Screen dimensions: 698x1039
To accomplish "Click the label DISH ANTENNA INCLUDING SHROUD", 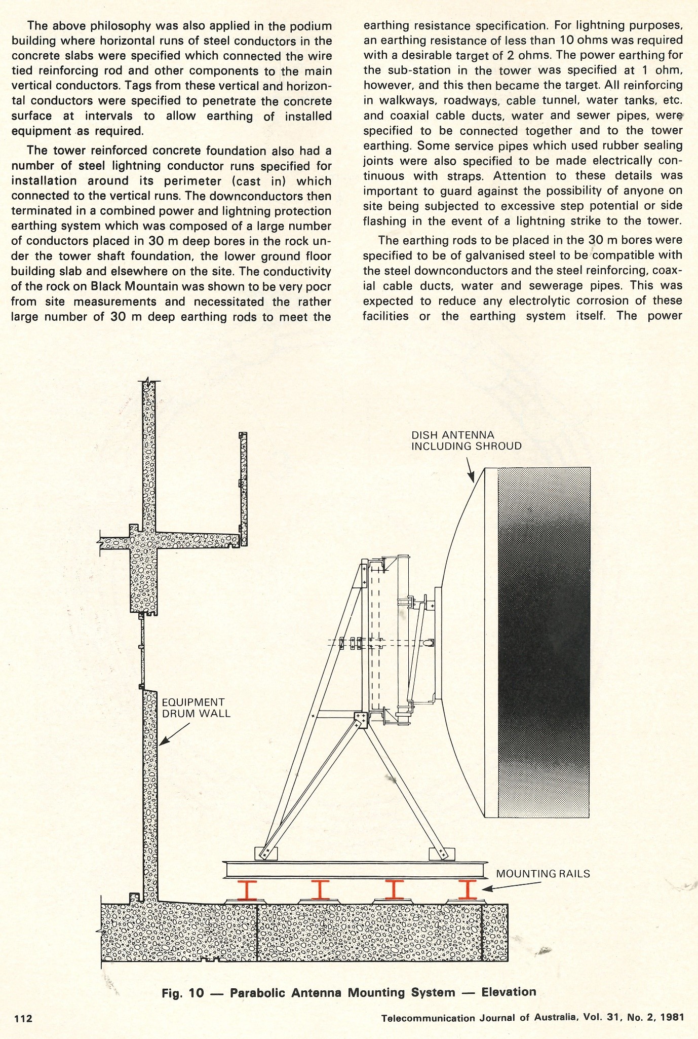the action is [466, 440].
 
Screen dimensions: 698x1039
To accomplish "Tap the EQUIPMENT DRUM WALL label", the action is [196, 708].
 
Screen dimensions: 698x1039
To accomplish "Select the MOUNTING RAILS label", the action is [543, 874].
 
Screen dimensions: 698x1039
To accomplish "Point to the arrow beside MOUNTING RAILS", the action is [512, 885].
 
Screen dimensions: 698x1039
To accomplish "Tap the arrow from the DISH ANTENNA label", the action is [470, 469].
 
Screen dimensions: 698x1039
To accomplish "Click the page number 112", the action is [23, 1018].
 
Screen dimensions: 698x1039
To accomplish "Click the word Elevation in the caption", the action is [509, 992].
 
